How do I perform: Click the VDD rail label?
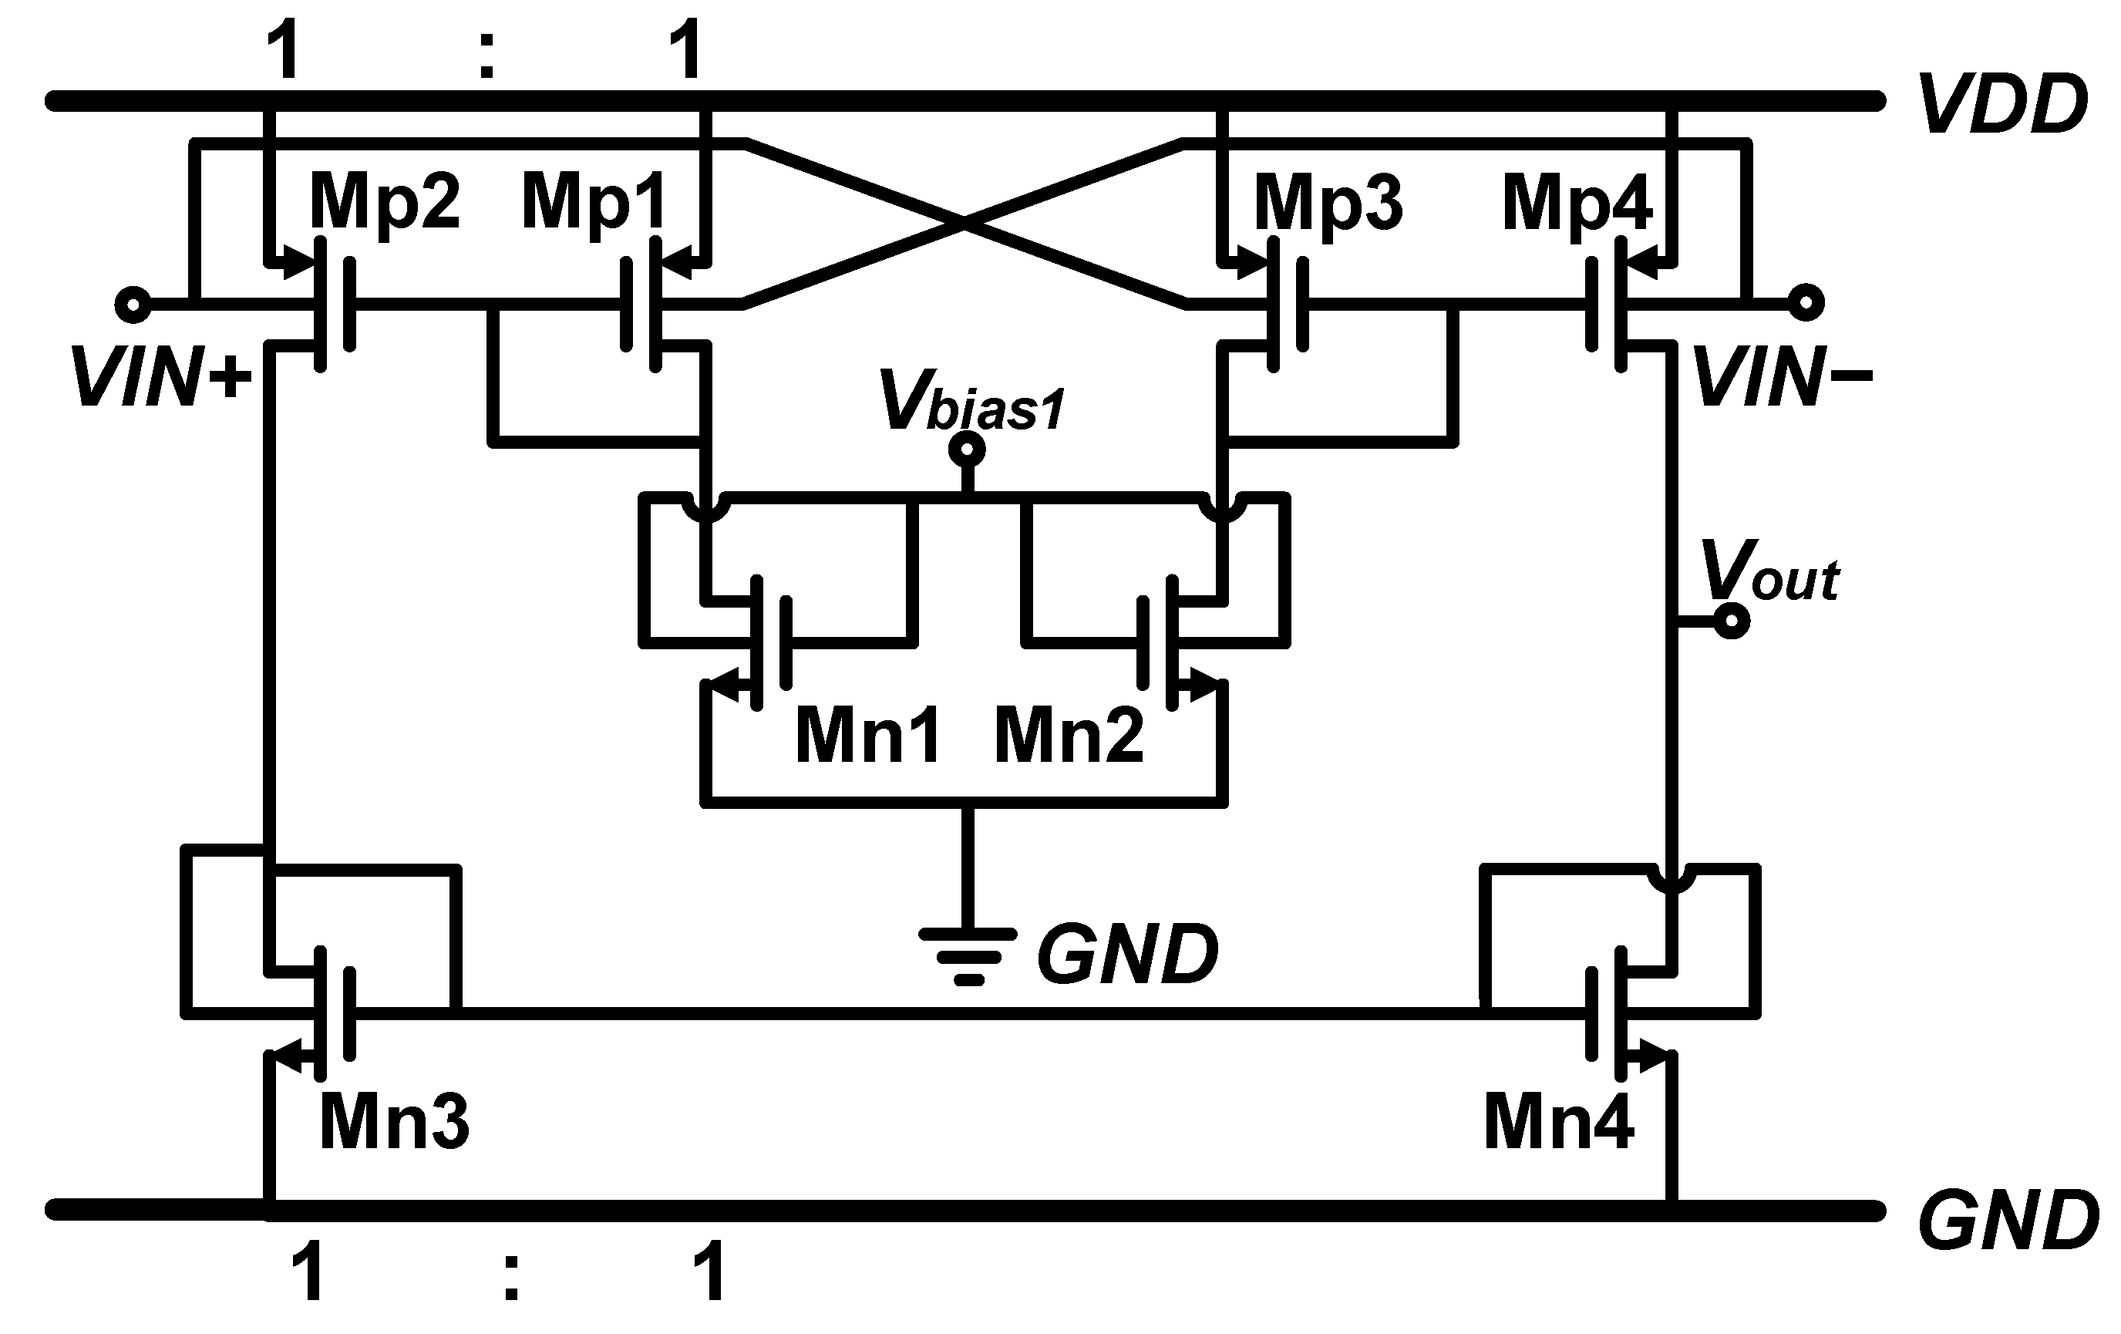click(2001, 105)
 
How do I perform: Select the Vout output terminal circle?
click(1732, 622)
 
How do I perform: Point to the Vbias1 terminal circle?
click(967, 450)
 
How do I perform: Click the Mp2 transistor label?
click(385, 203)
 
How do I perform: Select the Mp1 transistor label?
click(595, 203)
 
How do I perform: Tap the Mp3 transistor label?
click(1328, 204)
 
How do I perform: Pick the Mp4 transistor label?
click(1577, 204)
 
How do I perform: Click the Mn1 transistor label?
click(868, 736)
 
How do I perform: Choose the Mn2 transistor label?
click(1069, 736)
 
